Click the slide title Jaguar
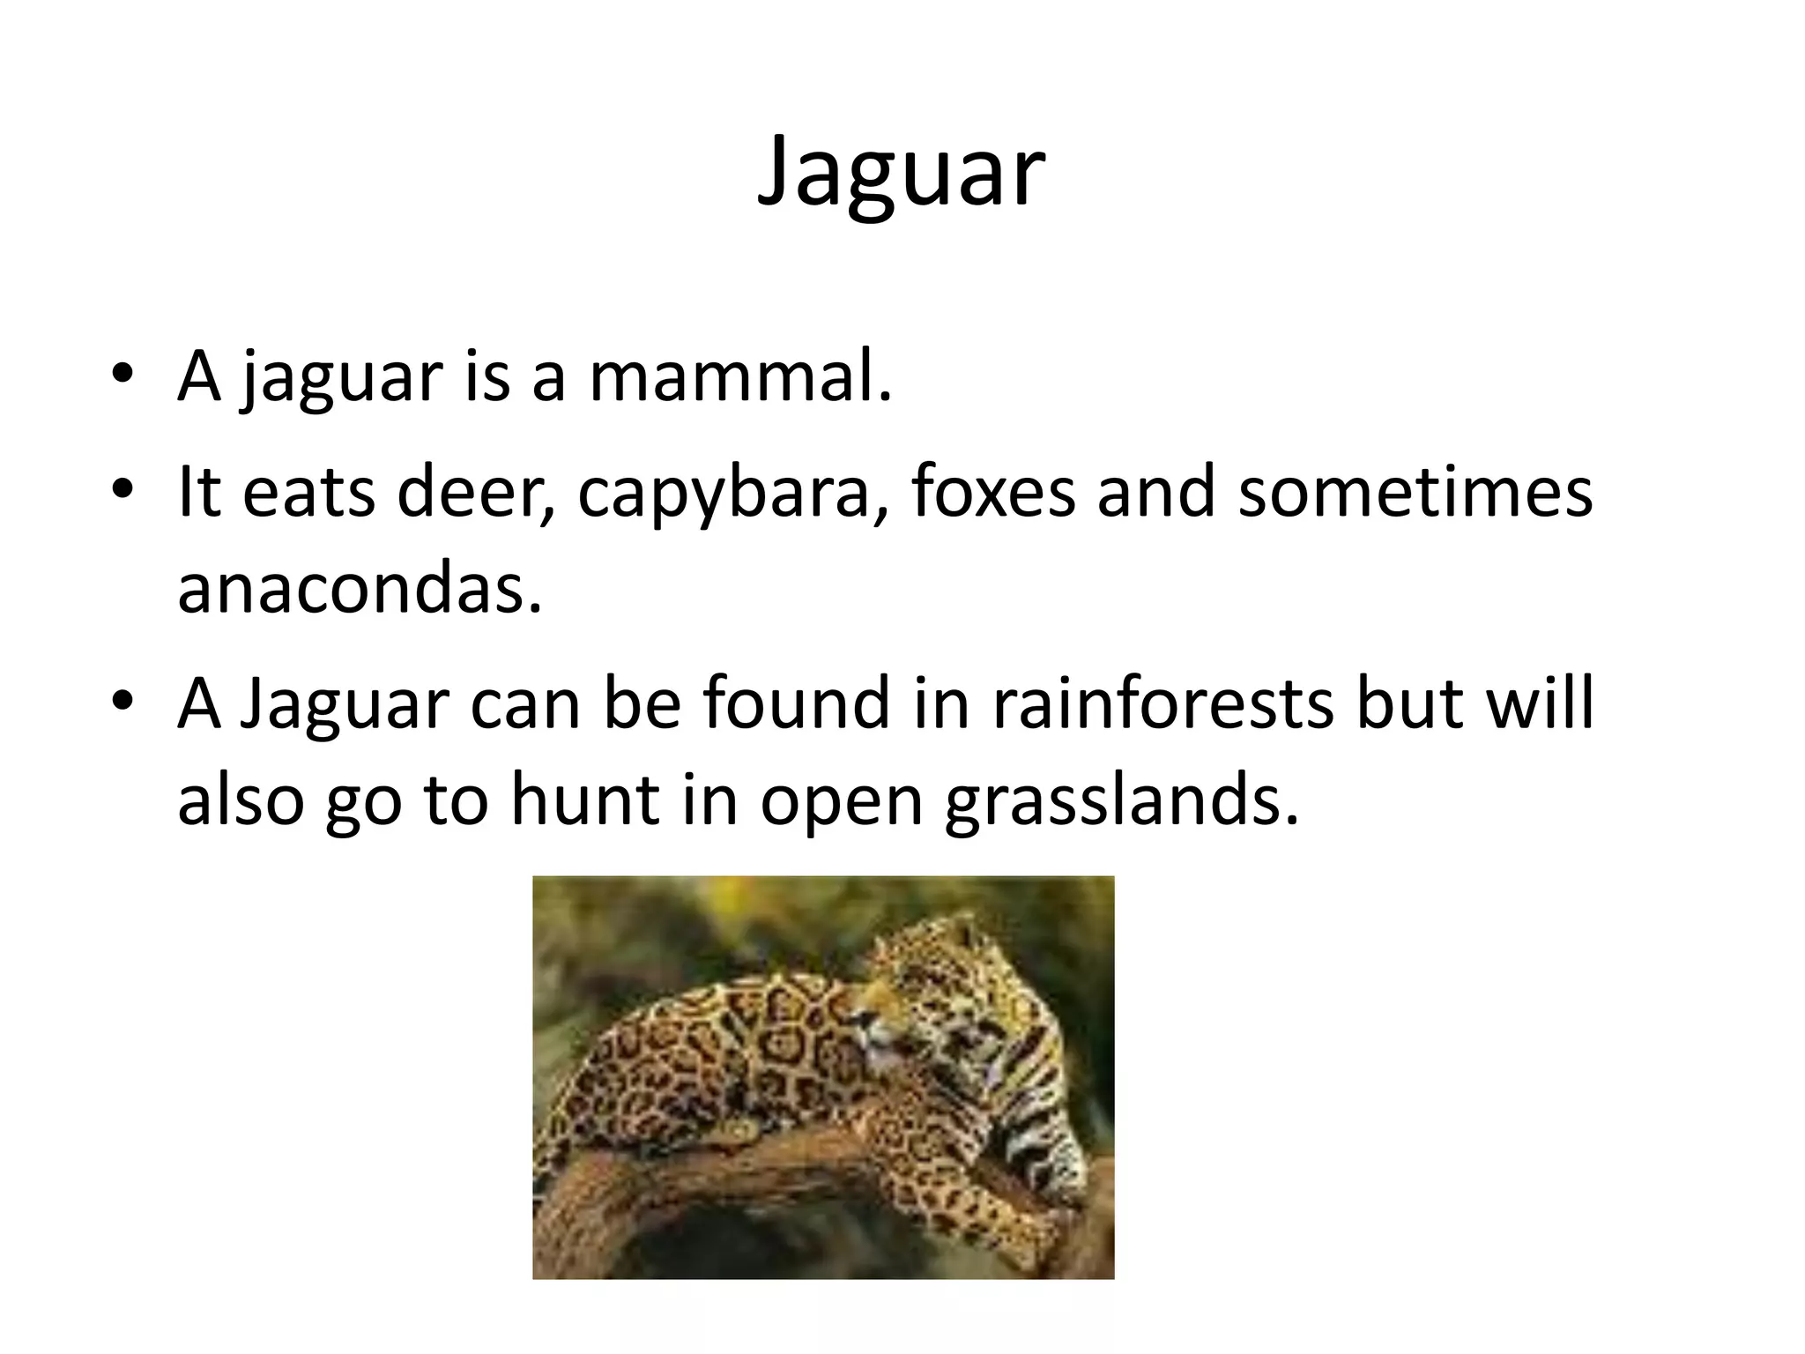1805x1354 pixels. [901, 175]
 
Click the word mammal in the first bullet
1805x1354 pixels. [739, 377]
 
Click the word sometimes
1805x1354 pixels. [1415, 492]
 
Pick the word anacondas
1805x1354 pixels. [359, 589]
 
